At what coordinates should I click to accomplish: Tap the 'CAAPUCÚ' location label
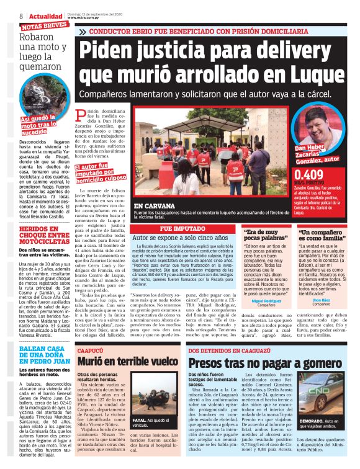[x=89, y=350]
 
